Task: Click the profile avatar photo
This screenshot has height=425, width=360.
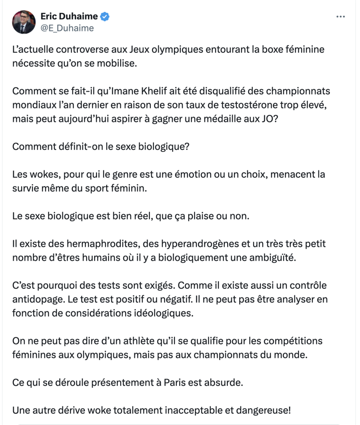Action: [24, 22]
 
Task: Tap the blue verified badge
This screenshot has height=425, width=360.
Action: [105, 16]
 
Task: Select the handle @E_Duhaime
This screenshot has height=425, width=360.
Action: [67, 28]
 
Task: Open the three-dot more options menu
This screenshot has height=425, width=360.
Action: [341, 17]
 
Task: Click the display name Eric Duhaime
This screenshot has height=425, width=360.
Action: [69, 16]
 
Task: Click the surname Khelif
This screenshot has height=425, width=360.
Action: [154, 91]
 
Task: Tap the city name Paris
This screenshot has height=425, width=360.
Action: [174, 383]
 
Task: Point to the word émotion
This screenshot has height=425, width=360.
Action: [195, 174]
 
